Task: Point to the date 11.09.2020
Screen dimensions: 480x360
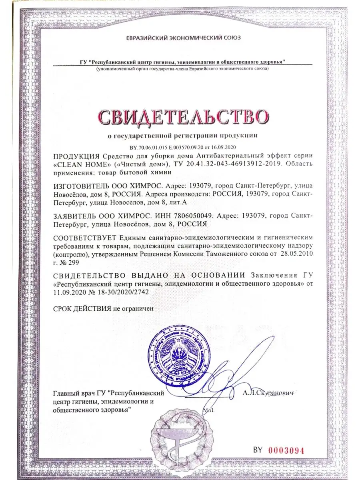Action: coord(69,292)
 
